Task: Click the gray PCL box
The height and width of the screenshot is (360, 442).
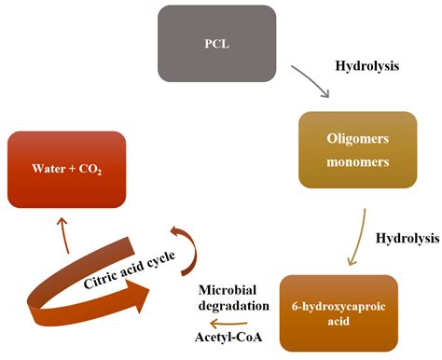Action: tap(217, 44)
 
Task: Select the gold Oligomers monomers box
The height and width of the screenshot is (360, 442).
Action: tap(357, 150)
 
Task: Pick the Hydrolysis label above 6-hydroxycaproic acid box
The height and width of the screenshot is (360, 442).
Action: tap(407, 239)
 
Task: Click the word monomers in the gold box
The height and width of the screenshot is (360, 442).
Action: tap(357, 161)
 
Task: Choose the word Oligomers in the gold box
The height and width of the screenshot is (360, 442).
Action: tap(357, 139)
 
